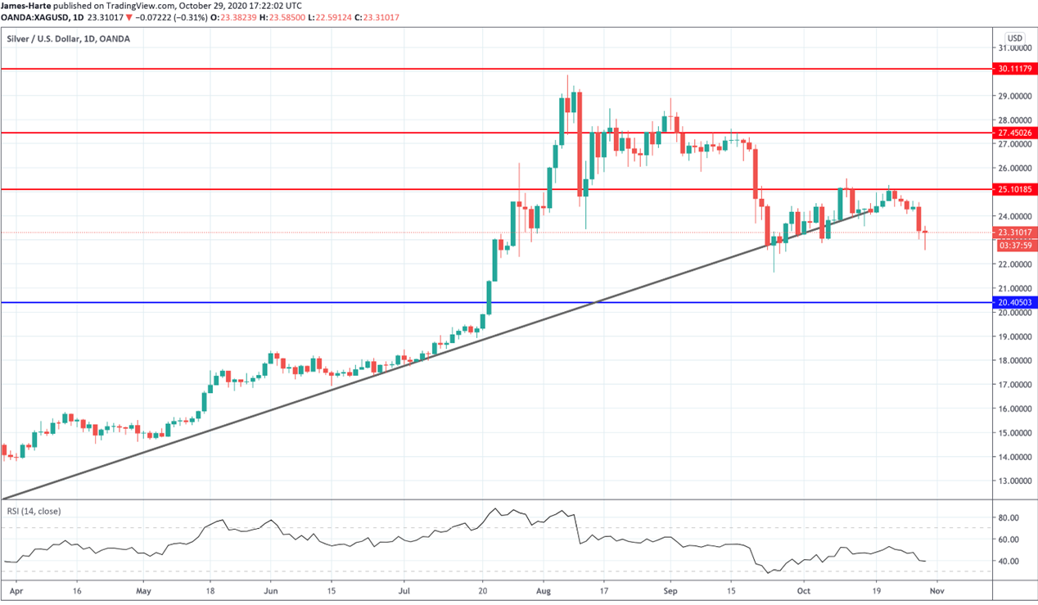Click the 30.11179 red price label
tap(1015, 69)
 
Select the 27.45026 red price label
tap(1015, 133)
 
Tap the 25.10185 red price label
tap(1015, 189)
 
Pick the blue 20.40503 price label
tap(1015, 302)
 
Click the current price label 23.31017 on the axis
tap(1015, 233)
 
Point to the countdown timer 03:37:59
tap(1015, 245)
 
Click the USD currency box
tap(1015, 38)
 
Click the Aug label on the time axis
tap(544, 589)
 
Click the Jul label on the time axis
tap(404, 589)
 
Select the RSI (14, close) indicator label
tap(34, 512)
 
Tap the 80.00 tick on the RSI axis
tap(1009, 518)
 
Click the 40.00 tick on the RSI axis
tap(1009, 562)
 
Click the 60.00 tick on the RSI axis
tap(1009, 540)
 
